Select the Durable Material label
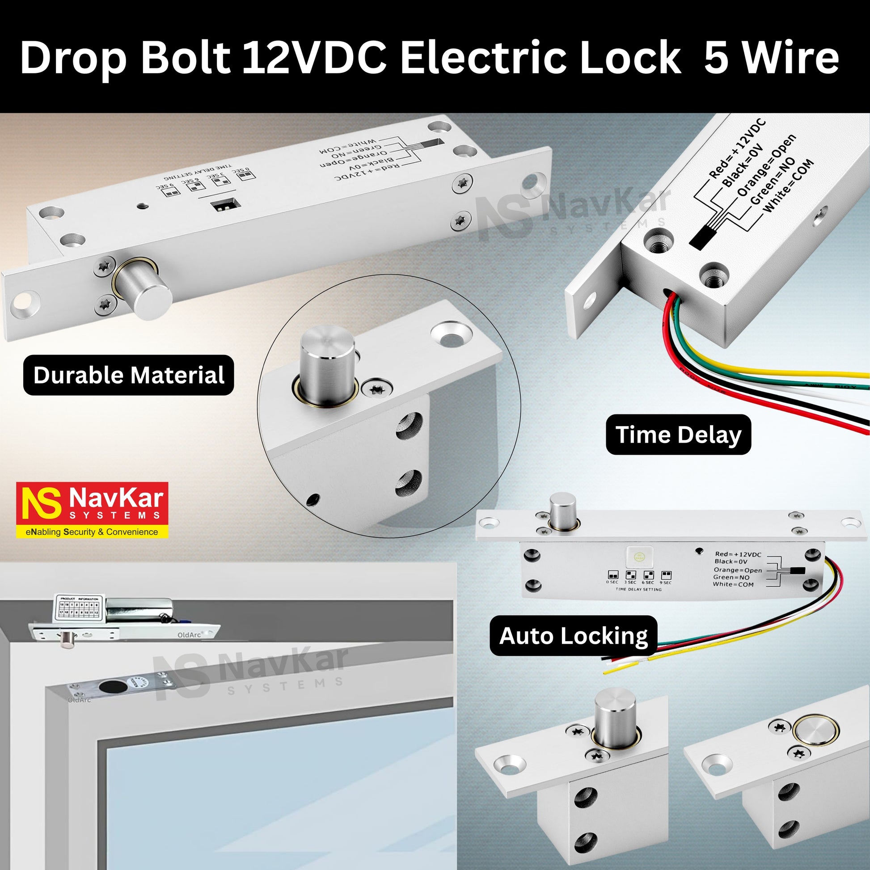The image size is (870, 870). click(129, 375)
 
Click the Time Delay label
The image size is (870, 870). click(678, 435)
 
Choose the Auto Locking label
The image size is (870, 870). click(573, 636)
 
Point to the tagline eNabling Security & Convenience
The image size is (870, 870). click(92, 532)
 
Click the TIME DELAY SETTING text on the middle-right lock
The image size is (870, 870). click(638, 589)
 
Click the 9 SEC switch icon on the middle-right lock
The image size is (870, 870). click(666, 575)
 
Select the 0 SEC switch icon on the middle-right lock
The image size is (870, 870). click(612, 575)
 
